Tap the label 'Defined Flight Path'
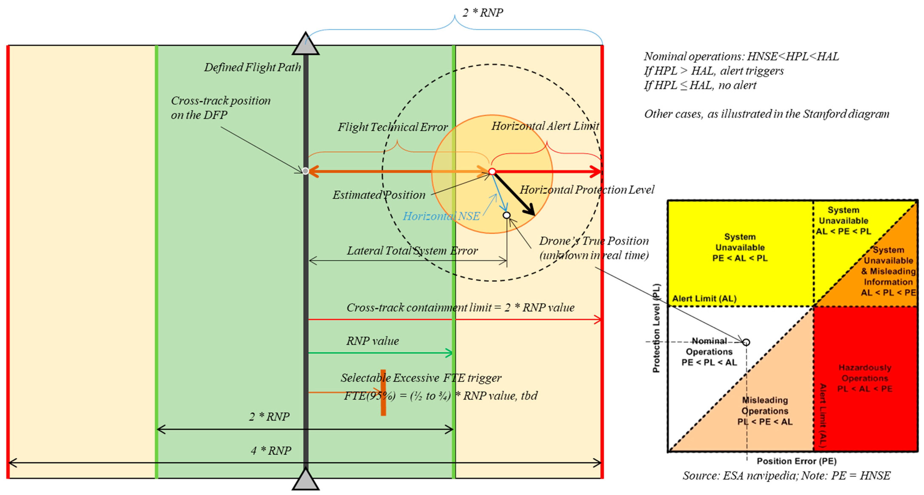point(253,67)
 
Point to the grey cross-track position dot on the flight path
point(305,171)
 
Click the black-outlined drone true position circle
point(507,215)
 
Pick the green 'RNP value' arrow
point(380,353)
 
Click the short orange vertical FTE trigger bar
point(383,392)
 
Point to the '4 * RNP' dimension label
point(271,451)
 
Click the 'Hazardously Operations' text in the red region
point(865,378)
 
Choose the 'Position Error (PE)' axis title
point(796,461)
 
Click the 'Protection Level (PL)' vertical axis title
point(656,328)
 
